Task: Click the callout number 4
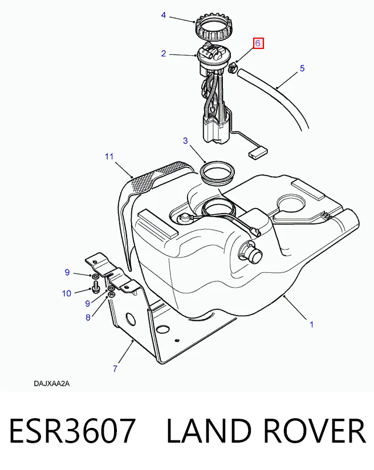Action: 164,15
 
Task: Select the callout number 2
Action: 164,54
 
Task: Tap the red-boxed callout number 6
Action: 258,43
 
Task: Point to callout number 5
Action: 302,68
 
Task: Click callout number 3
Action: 185,140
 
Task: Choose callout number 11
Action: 109,156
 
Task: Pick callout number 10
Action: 67,293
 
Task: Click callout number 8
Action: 88,317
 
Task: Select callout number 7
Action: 115,369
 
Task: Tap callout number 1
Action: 312,324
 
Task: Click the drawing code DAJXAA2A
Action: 51,383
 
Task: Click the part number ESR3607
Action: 72,431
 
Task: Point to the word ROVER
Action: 315,431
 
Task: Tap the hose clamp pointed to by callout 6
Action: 233,68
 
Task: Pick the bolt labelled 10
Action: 96,287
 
